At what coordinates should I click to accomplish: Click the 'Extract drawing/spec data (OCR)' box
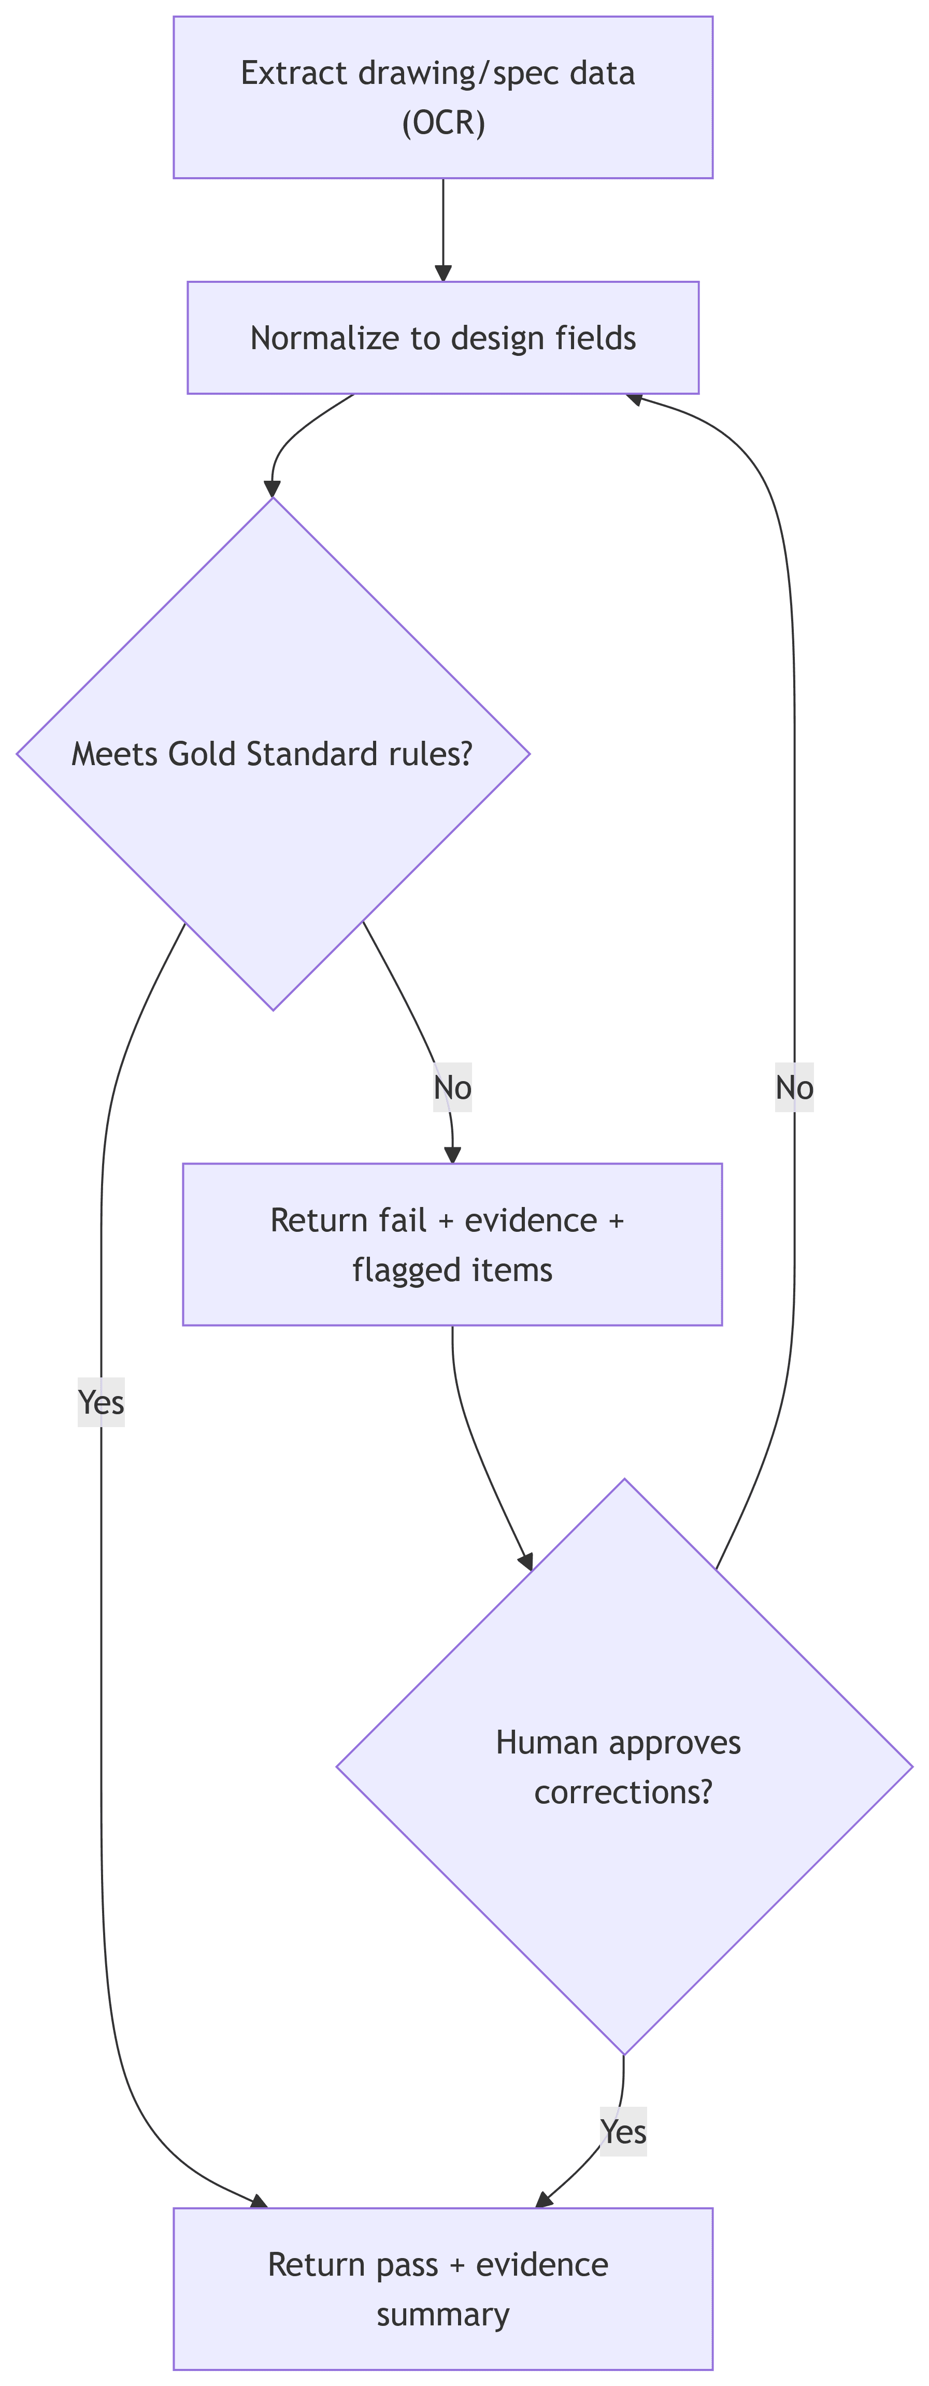coord(442,97)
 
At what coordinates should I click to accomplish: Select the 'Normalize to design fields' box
coord(442,338)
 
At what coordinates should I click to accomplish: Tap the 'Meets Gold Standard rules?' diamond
coord(273,754)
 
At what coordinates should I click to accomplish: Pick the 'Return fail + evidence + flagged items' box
coord(452,1244)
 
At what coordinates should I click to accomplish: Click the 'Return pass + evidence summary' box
coord(442,2289)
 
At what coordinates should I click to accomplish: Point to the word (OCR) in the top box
coord(444,122)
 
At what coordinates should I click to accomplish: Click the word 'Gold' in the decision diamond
coord(204,754)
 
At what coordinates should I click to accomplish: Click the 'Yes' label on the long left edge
coord(101,1402)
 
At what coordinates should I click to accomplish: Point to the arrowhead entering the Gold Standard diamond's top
coord(273,489)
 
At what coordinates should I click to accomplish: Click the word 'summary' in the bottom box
coord(442,2314)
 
